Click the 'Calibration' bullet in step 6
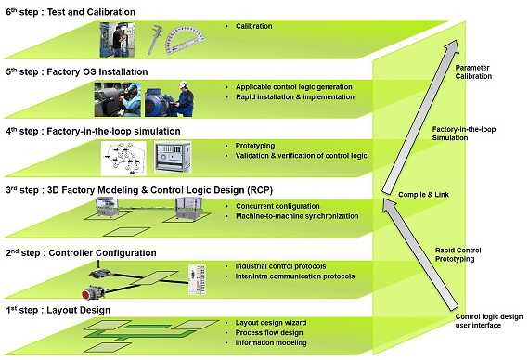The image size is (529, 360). (252, 26)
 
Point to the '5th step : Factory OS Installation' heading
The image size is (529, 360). (76, 71)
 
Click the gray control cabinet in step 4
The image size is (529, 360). (173, 159)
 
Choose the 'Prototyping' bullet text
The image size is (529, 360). (253, 145)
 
